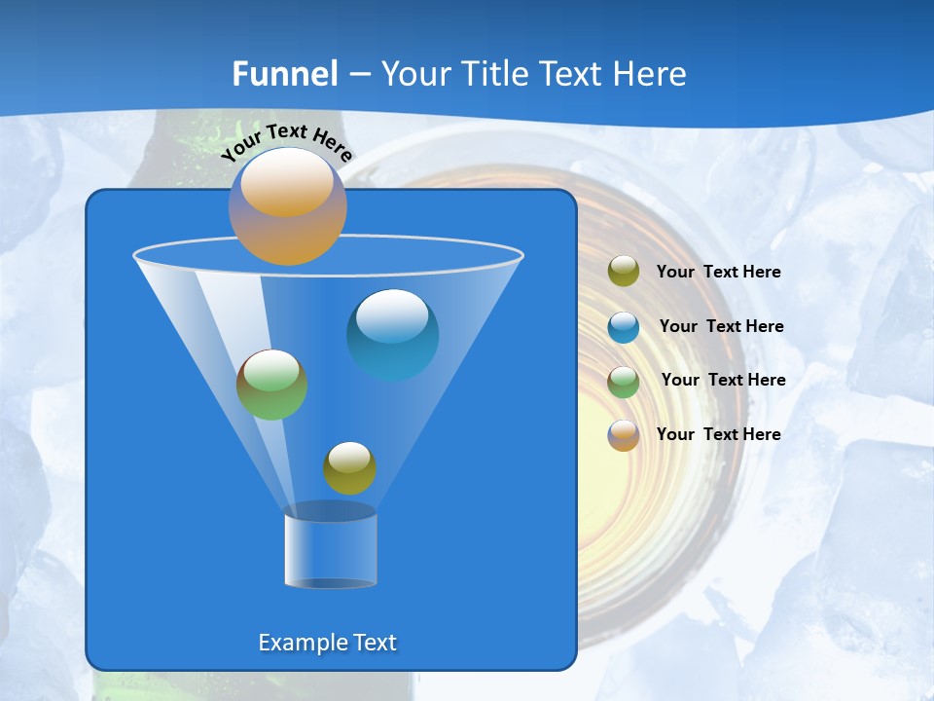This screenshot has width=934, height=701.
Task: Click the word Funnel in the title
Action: (x=285, y=74)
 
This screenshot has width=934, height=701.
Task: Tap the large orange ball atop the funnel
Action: (x=288, y=206)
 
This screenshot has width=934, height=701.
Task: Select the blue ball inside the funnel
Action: (x=392, y=334)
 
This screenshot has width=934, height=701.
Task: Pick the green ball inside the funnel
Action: (x=271, y=385)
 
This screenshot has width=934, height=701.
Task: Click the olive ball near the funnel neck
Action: (x=349, y=468)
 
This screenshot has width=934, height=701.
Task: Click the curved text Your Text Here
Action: (x=287, y=141)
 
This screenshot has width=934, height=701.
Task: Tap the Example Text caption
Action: (x=328, y=643)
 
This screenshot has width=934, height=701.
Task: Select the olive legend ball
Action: (x=624, y=272)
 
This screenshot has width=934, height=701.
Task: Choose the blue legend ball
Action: (x=624, y=326)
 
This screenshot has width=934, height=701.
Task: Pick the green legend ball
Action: (x=624, y=381)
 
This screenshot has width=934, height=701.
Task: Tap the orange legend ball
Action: (x=624, y=435)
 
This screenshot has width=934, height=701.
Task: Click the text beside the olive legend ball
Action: (x=718, y=273)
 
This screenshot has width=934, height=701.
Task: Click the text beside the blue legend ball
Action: (x=721, y=326)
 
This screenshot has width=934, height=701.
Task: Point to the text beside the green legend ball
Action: (x=723, y=380)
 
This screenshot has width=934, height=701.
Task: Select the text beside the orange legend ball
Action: (x=718, y=434)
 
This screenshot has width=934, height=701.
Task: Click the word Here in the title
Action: (x=651, y=74)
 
